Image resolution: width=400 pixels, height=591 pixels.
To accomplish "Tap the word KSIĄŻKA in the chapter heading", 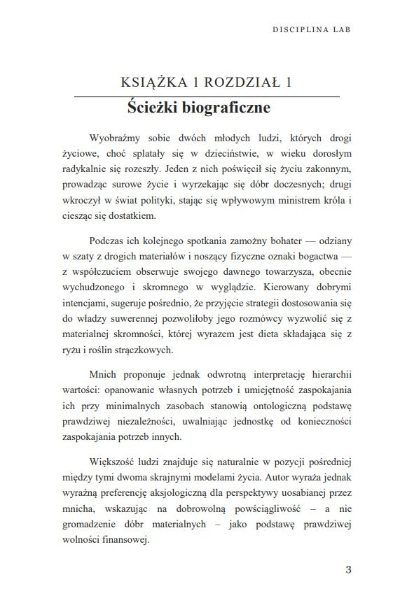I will (x=151, y=83).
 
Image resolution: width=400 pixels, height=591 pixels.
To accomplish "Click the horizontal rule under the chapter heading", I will (x=207, y=96).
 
